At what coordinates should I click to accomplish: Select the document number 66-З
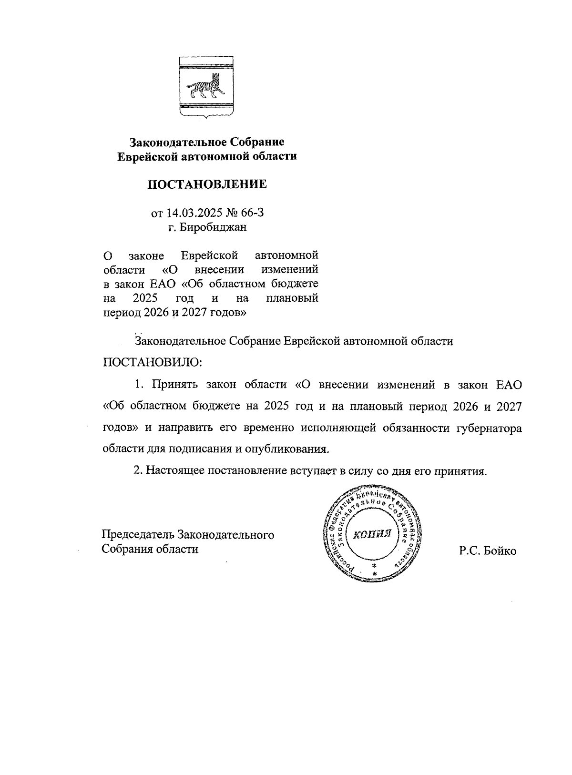252,213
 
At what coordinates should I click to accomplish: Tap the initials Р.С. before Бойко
470,551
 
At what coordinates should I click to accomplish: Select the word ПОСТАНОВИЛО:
153,362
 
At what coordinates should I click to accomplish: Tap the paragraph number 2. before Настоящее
138,471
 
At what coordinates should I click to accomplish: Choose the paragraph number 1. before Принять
139,384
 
